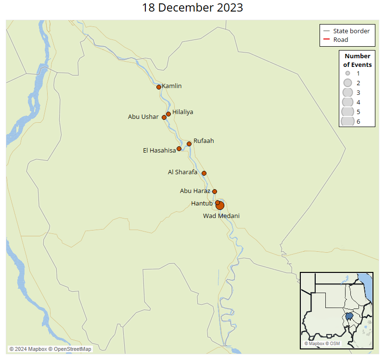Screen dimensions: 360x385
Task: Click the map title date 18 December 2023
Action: pos(192,8)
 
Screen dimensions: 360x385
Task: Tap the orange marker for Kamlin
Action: pos(159,87)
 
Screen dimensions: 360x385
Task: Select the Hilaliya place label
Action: pos(182,112)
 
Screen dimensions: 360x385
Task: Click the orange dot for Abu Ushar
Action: pos(164,117)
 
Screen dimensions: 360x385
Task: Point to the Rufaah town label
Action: pos(204,141)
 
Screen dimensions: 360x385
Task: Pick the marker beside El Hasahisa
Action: pos(179,149)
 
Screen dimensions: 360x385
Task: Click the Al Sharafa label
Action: pos(183,172)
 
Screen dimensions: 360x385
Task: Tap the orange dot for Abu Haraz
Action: pos(215,192)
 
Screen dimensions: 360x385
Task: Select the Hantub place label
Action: pos(202,204)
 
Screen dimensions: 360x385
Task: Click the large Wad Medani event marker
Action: pos(220,206)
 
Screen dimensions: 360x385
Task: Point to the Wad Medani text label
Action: pos(221,216)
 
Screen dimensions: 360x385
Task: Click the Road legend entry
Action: pos(341,40)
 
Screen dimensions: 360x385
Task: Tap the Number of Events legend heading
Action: pos(357,60)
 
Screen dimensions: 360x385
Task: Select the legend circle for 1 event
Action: pos(346,73)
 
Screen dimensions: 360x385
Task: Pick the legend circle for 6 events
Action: pos(347,121)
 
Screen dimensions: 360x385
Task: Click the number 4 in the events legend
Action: pos(358,102)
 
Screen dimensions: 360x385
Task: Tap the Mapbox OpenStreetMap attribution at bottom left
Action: pos(50,349)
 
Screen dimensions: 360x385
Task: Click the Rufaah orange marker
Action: pos(189,144)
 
